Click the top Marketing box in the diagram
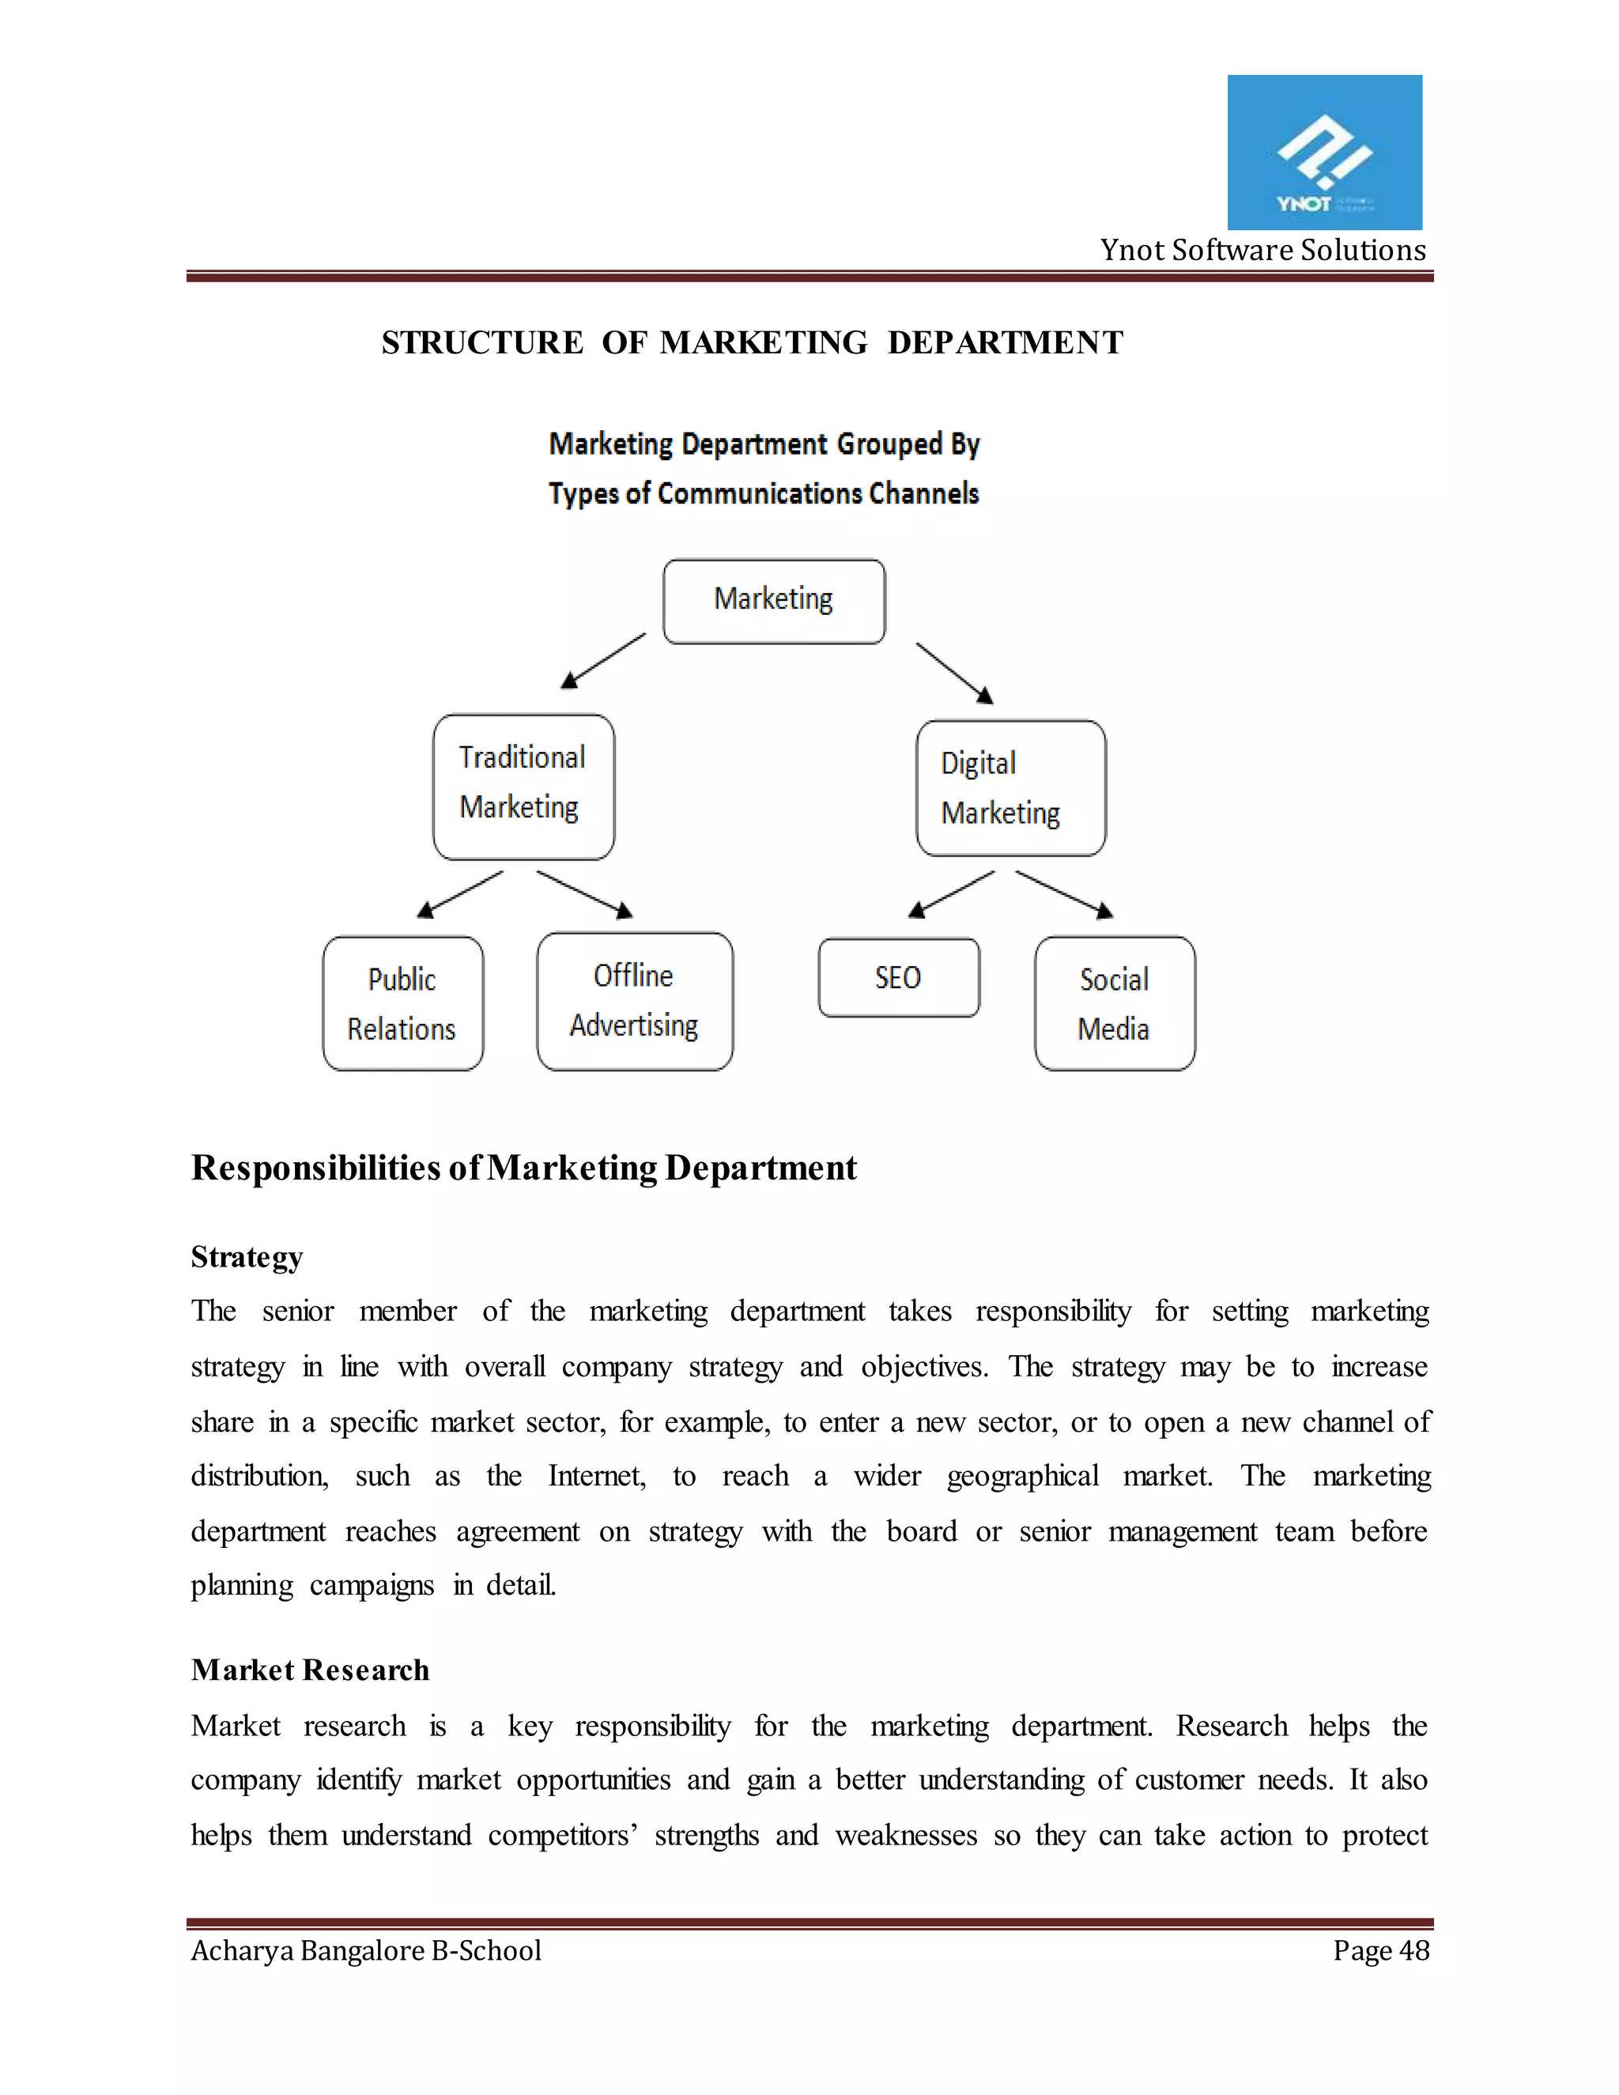coord(773,602)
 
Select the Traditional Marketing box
coord(523,786)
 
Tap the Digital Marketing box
coord(1010,787)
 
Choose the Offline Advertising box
coord(634,1001)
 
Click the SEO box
coord(898,977)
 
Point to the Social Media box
coord(1114,1003)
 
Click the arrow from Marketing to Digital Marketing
coord(954,673)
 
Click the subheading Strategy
coord(247,1257)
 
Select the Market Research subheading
coord(310,1670)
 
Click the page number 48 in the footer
coord(1413,1951)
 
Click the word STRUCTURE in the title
coord(481,342)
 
